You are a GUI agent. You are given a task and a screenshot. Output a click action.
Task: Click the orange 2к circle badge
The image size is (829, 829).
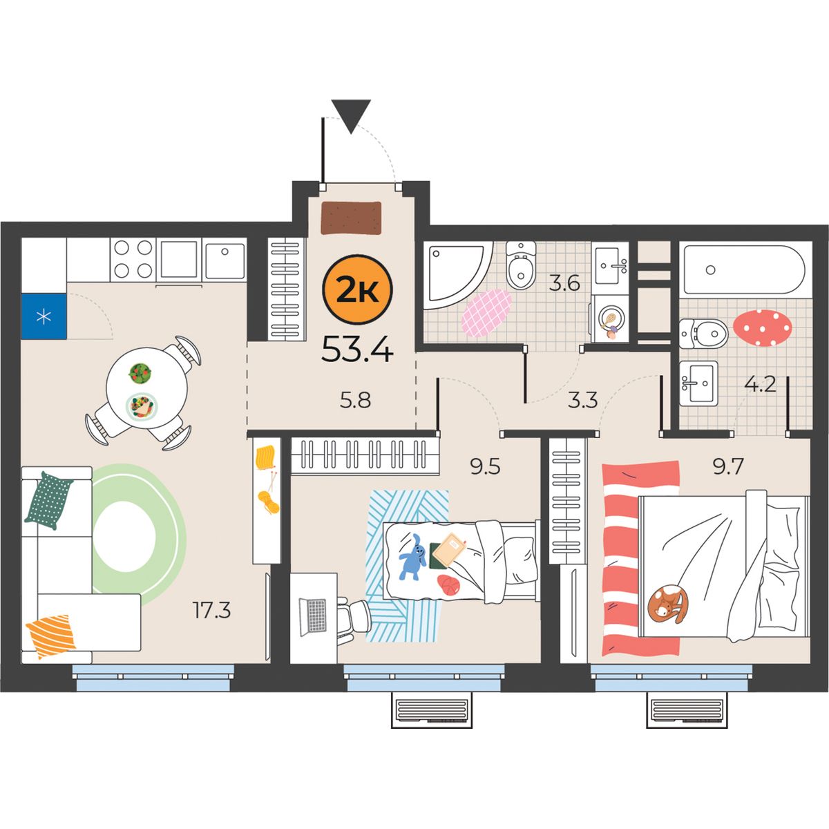[x=357, y=289]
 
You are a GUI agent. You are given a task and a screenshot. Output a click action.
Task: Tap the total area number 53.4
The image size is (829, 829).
[x=357, y=349]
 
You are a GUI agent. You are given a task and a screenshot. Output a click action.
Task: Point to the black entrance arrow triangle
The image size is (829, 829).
[x=351, y=117]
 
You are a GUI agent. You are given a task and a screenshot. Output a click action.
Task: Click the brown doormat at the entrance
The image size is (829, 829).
[x=352, y=218]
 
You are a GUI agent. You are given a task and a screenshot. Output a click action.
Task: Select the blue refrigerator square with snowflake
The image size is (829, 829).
[x=44, y=316]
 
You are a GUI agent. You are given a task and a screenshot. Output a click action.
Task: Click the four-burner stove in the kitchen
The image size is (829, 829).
[x=133, y=259]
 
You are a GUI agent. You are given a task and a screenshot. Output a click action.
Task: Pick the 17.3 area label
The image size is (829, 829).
[x=211, y=610]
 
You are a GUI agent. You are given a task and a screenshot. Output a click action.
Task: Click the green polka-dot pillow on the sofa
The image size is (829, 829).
[x=50, y=501]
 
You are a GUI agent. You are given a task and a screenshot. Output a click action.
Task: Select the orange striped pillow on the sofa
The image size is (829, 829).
[x=50, y=637]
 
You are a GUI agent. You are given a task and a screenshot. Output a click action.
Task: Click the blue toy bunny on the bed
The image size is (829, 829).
[x=413, y=557]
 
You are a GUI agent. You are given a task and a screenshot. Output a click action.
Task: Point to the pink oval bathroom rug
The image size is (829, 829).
[x=486, y=313]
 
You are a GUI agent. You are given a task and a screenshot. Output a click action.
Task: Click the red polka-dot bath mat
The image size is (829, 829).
[x=762, y=328]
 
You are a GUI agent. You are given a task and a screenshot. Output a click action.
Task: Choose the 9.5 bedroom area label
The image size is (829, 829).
[x=485, y=467]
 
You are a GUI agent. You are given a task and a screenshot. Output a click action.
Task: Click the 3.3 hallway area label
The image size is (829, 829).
[x=582, y=401]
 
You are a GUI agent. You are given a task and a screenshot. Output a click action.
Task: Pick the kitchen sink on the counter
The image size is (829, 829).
[x=224, y=259]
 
